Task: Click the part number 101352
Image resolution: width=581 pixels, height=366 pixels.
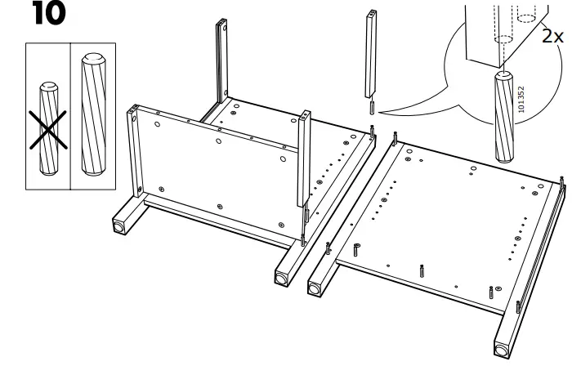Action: (521, 97)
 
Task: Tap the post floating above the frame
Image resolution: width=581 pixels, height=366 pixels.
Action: (370, 54)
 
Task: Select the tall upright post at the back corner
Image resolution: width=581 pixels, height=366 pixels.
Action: (220, 65)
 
